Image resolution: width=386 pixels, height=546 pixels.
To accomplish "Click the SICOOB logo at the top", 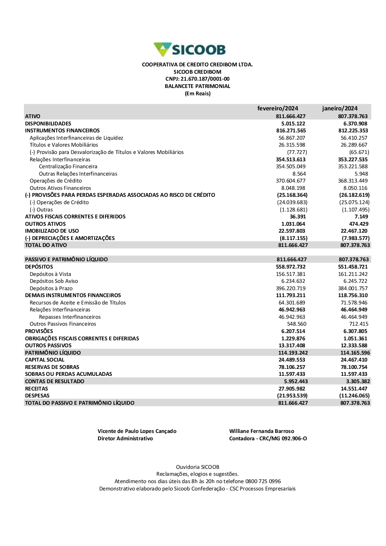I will (190, 50).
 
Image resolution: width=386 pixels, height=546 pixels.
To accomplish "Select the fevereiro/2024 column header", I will (278, 108).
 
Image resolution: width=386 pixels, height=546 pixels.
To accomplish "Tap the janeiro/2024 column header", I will (340, 108).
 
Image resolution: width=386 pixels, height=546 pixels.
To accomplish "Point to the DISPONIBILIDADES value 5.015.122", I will (293, 123).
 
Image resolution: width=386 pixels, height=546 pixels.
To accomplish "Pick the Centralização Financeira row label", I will (68, 167).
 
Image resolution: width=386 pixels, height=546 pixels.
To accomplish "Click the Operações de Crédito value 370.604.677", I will (291, 181).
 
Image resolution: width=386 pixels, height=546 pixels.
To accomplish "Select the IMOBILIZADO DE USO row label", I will (52, 231).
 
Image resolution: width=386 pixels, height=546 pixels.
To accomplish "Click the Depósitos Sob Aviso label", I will (54, 281).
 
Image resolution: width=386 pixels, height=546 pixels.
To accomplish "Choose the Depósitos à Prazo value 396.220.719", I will (291, 289).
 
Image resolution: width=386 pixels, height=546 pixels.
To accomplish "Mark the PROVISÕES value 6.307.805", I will (355, 331).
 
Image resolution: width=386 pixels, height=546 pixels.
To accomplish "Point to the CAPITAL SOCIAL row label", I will (44, 360).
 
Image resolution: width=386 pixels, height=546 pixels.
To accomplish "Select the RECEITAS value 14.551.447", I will (354, 389).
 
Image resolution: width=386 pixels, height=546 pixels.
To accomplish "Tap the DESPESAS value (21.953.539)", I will (292, 396).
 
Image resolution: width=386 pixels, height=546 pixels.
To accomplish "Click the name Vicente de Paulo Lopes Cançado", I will (137, 431).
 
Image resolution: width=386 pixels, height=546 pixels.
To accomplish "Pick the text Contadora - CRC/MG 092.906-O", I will (268, 439).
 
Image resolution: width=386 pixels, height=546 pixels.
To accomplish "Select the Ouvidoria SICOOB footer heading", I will (197, 467).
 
